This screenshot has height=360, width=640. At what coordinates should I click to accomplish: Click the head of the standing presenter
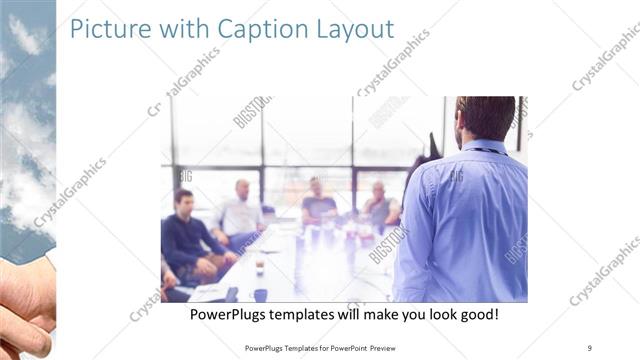[486, 116]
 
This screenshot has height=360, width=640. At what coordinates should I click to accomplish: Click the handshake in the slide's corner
[24, 306]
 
